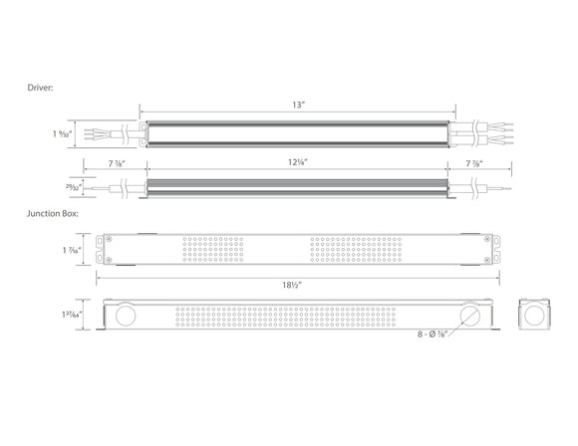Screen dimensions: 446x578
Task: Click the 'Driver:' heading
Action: (41, 89)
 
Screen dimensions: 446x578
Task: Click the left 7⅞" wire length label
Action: (119, 163)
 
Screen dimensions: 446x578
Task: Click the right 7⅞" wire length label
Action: (475, 163)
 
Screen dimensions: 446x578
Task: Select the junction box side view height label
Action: (71, 316)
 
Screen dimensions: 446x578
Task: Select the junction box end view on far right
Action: (534, 317)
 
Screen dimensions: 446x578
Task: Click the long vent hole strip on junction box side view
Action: (296, 317)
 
